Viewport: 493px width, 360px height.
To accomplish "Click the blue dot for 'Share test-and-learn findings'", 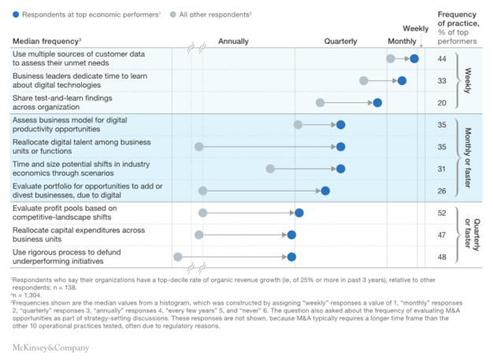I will coord(377,102).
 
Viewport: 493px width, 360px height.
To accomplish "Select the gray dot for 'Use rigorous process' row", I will coord(177,257).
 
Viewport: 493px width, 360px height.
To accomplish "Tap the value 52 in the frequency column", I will coord(442,213).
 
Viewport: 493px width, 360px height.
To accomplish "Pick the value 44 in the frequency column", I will coord(442,59).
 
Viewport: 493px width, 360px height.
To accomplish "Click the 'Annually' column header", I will coord(233,41).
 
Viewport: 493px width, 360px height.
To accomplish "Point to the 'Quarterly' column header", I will coord(340,41).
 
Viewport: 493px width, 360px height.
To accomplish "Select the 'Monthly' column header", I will coord(402,41).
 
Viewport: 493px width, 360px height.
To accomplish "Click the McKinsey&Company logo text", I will coord(50,347).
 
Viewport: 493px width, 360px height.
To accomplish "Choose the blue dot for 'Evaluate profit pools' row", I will coord(298,213).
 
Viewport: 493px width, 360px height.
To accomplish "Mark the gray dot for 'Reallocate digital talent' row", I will coord(198,147).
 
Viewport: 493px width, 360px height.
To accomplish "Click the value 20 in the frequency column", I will coord(442,102).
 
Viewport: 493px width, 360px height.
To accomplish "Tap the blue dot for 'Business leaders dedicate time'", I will coord(402,80).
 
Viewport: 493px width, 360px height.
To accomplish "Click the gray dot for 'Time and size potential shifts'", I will coord(270,169).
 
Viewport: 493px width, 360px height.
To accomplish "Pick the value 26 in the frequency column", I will coord(442,191).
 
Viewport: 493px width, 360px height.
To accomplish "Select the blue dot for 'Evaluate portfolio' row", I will coord(325,191).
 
